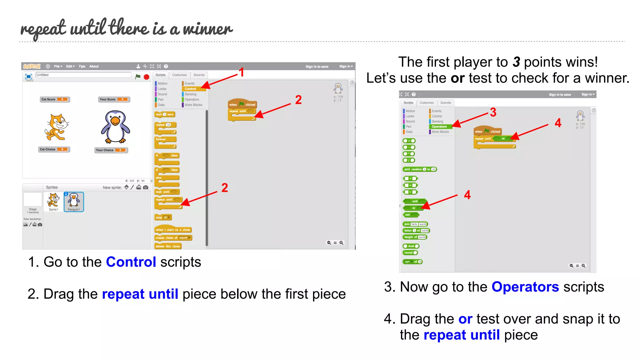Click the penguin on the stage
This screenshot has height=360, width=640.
pos(115,127)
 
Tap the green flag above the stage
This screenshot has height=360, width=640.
pos(138,77)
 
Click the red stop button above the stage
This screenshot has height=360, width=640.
pos(146,77)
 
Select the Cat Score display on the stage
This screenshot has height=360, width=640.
pos(54,99)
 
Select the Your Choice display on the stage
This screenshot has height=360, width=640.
pos(111,150)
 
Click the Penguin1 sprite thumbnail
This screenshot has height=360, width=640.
pos(74,202)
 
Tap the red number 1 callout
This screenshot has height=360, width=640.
pos(241,72)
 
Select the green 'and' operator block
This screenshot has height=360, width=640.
pos(415,201)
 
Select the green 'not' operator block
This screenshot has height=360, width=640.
pos(410,215)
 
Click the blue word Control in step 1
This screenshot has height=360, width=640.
pos(131,262)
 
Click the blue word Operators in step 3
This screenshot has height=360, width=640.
pos(525,287)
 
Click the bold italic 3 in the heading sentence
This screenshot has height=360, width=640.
pos(516,62)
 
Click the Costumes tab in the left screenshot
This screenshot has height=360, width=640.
pos(179,75)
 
